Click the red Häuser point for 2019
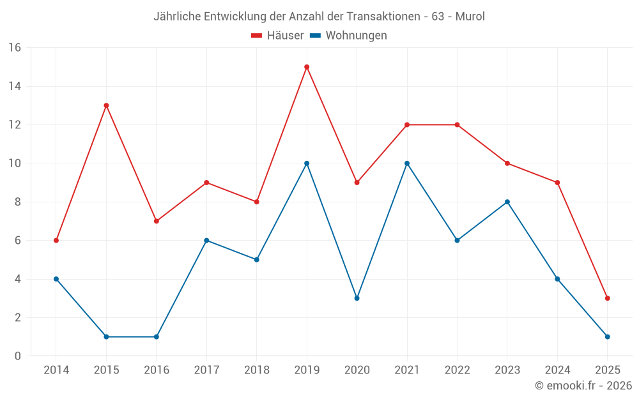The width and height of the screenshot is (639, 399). pyautogui.click(x=307, y=67)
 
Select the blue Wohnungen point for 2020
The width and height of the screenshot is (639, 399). pyautogui.click(x=357, y=298)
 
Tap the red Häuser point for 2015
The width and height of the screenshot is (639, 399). pyautogui.click(x=106, y=105)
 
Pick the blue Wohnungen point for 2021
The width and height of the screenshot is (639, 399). pyautogui.click(x=407, y=163)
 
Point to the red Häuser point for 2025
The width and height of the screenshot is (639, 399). pyautogui.click(x=607, y=298)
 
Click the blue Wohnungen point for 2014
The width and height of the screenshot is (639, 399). pyautogui.click(x=56, y=279)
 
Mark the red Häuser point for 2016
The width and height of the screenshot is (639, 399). pyautogui.click(x=156, y=221)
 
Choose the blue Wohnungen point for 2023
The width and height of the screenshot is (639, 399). pyautogui.click(x=507, y=202)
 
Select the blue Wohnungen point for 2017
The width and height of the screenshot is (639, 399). pyautogui.click(x=206, y=241)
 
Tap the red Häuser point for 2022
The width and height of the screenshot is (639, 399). pyautogui.click(x=457, y=124)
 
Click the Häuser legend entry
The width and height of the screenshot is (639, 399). pyautogui.click(x=277, y=36)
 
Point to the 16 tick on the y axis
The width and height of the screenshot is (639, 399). pyautogui.click(x=14, y=48)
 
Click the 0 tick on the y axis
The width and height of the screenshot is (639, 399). pyautogui.click(x=17, y=356)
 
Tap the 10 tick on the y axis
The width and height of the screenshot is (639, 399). pyautogui.click(x=14, y=163)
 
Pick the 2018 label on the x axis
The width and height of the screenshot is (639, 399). pyautogui.click(x=256, y=370)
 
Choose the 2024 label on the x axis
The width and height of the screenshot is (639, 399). pyautogui.click(x=557, y=370)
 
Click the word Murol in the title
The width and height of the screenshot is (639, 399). pyautogui.click(x=470, y=17)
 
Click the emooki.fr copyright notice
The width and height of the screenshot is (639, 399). pyautogui.click(x=583, y=386)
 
